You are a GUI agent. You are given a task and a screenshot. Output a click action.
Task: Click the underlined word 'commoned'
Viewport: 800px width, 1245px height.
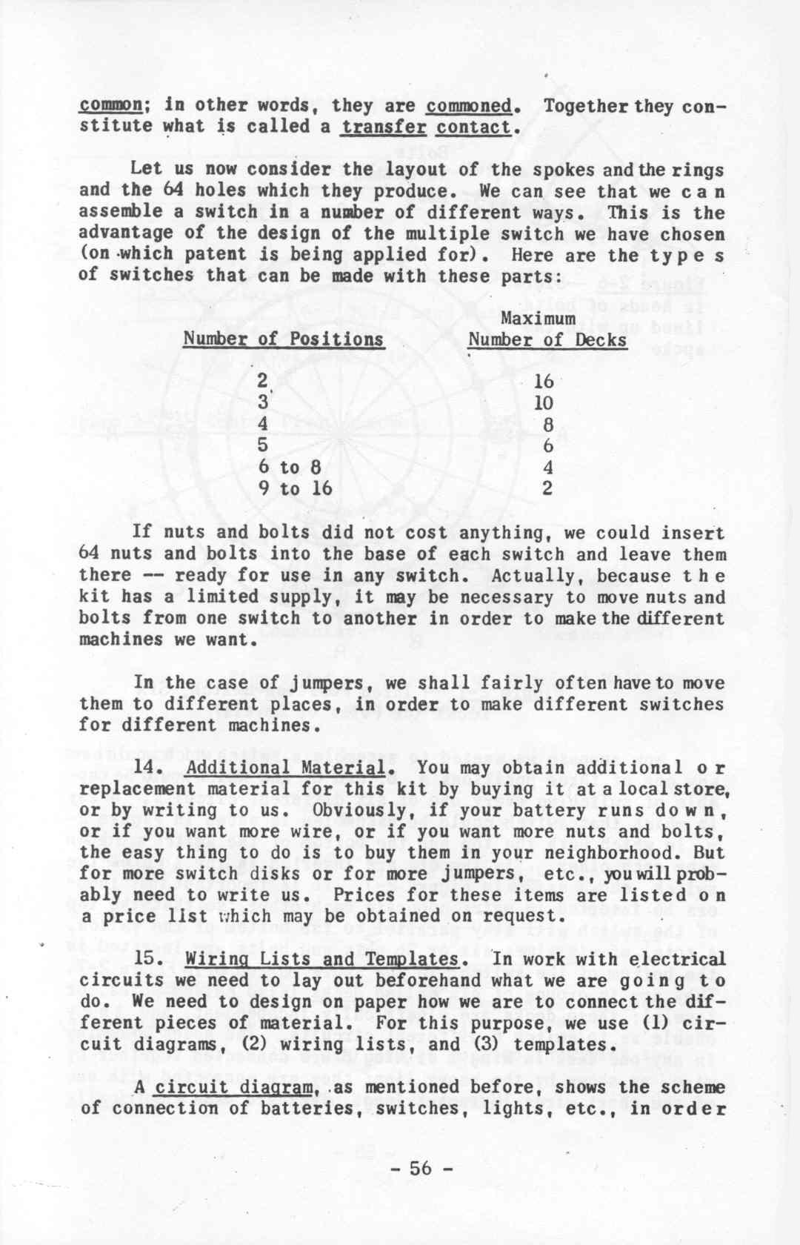click(468, 106)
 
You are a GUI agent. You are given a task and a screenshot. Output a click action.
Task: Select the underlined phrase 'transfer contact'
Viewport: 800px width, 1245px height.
click(426, 127)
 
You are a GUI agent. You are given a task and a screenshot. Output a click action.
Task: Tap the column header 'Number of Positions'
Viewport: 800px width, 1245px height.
click(283, 339)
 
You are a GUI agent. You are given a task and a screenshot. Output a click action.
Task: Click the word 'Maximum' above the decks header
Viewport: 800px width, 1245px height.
click(538, 318)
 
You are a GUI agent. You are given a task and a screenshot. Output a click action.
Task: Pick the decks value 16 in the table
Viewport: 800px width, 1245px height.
click(544, 381)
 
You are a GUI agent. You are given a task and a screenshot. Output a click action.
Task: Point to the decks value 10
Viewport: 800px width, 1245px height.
click(544, 403)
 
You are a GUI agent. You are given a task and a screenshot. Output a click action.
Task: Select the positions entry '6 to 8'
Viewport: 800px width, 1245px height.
click(290, 467)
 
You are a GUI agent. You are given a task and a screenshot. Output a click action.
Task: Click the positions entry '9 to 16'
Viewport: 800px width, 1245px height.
click(295, 488)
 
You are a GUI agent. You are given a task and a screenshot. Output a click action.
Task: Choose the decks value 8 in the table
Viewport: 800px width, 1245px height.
click(547, 425)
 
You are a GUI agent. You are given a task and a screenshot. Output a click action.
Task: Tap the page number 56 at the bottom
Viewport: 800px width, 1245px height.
click(420, 1169)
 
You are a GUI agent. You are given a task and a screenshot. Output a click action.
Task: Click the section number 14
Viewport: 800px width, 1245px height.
click(146, 768)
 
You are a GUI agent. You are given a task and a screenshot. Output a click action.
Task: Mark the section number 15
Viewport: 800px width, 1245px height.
click(147, 959)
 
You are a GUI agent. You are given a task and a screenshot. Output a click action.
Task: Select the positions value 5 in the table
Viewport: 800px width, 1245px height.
click(263, 446)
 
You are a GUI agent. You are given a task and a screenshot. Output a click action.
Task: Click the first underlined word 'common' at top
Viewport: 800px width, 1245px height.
click(111, 105)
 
